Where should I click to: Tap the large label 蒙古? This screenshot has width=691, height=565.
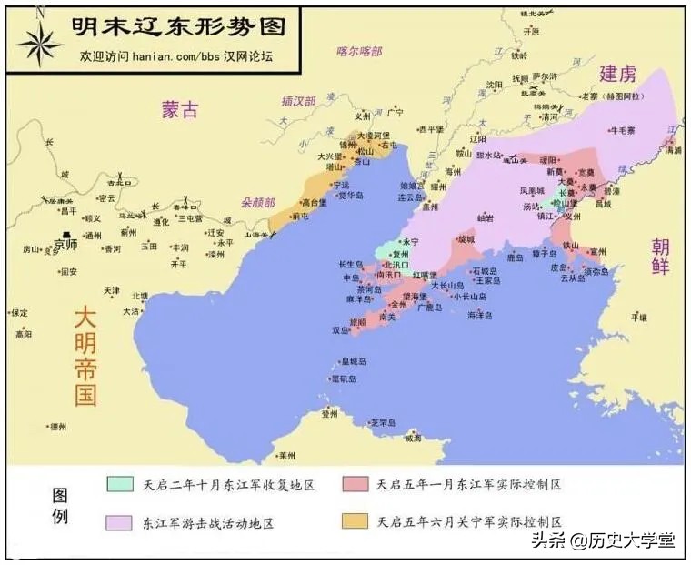pyautogui.click(x=179, y=109)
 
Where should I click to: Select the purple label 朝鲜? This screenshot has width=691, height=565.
pyautogui.click(x=661, y=258)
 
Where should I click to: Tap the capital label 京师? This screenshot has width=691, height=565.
pyautogui.click(x=65, y=245)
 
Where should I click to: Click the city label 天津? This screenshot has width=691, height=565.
pyautogui.click(x=111, y=290)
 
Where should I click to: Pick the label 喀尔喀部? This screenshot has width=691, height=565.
pyautogui.click(x=359, y=52)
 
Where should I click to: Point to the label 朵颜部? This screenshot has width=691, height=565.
pyautogui.click(x=258, y=202)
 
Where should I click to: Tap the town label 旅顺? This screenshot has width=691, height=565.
pyautogui.click(x=358, y=321)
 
